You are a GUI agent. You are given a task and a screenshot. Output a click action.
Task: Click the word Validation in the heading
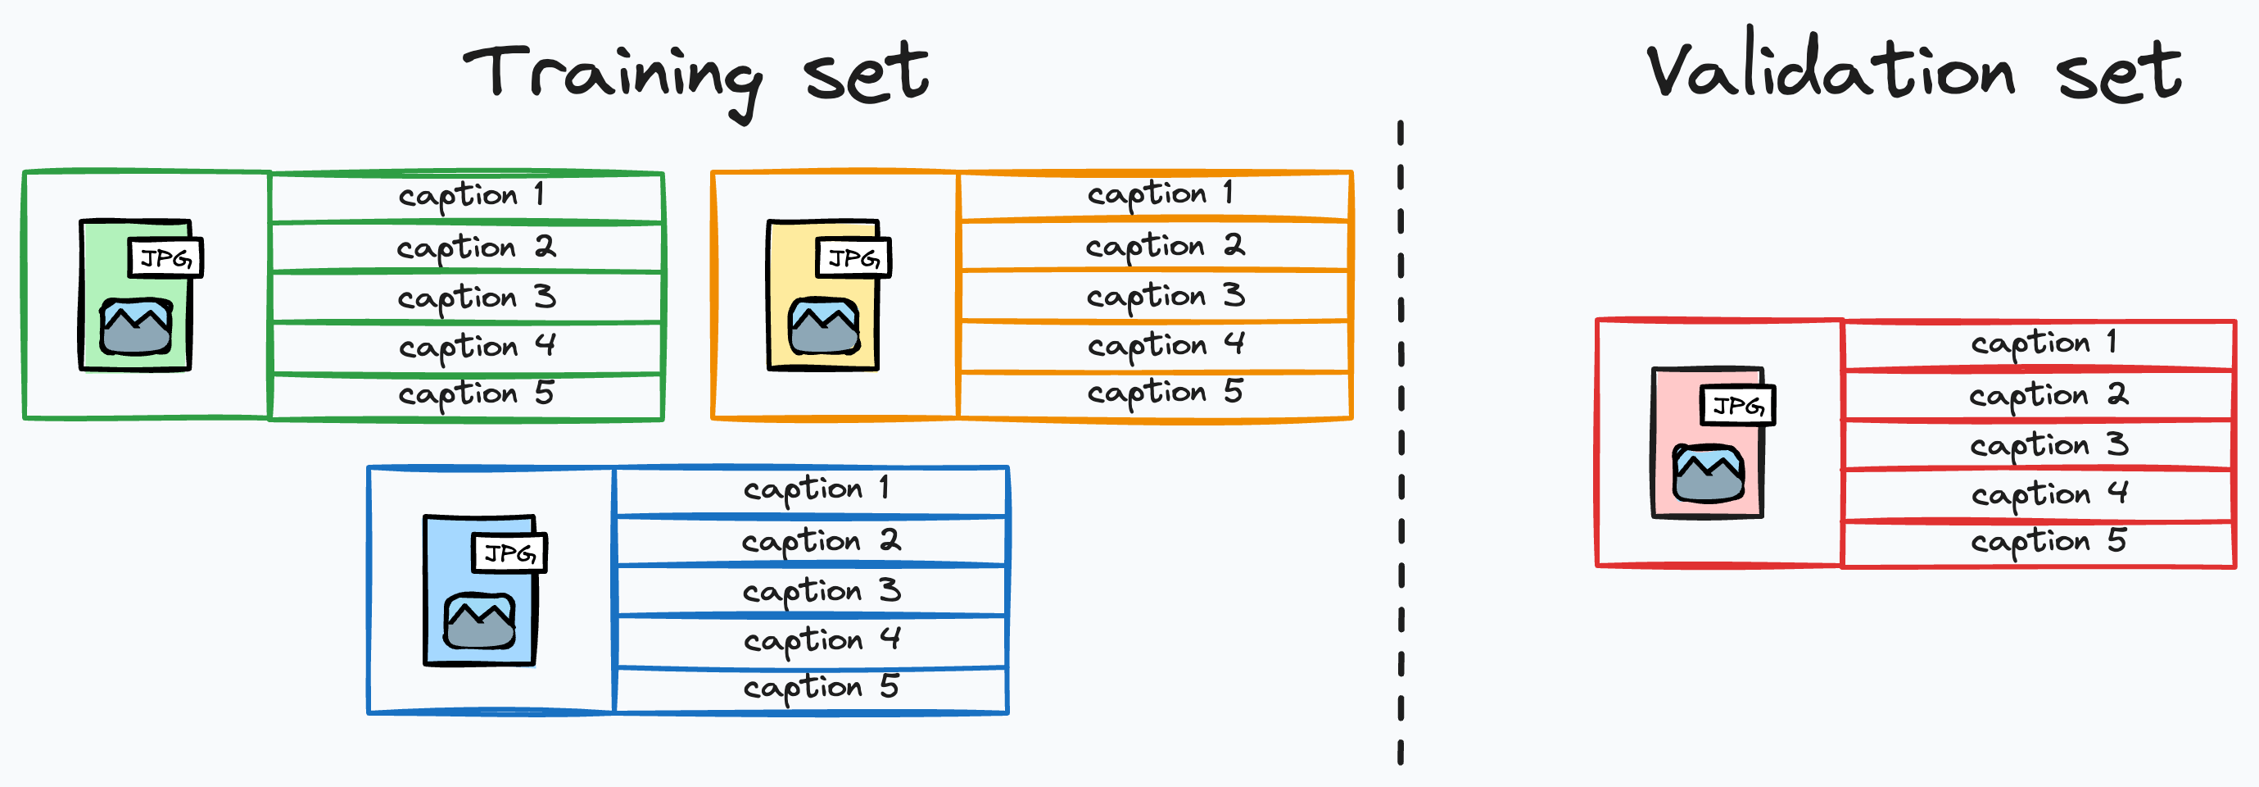pyautogui.click(x=1831, y=71)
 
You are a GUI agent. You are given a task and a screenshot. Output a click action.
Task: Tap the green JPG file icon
pyautogui.click(x=137, y=297)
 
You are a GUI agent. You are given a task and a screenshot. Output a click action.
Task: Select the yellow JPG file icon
pyautogui.click(x=824, y=297)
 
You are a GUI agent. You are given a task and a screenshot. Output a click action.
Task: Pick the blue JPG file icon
pyautogui.click(x=482, y=591)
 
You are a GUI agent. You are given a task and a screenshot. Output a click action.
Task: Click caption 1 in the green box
pyautogui.click(x=470, y=196)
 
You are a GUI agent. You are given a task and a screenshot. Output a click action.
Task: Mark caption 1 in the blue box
pyautogui.click(x=816, y=489)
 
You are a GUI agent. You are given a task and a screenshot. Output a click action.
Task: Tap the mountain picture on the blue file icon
pyautogui.click(x=480, y=621)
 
